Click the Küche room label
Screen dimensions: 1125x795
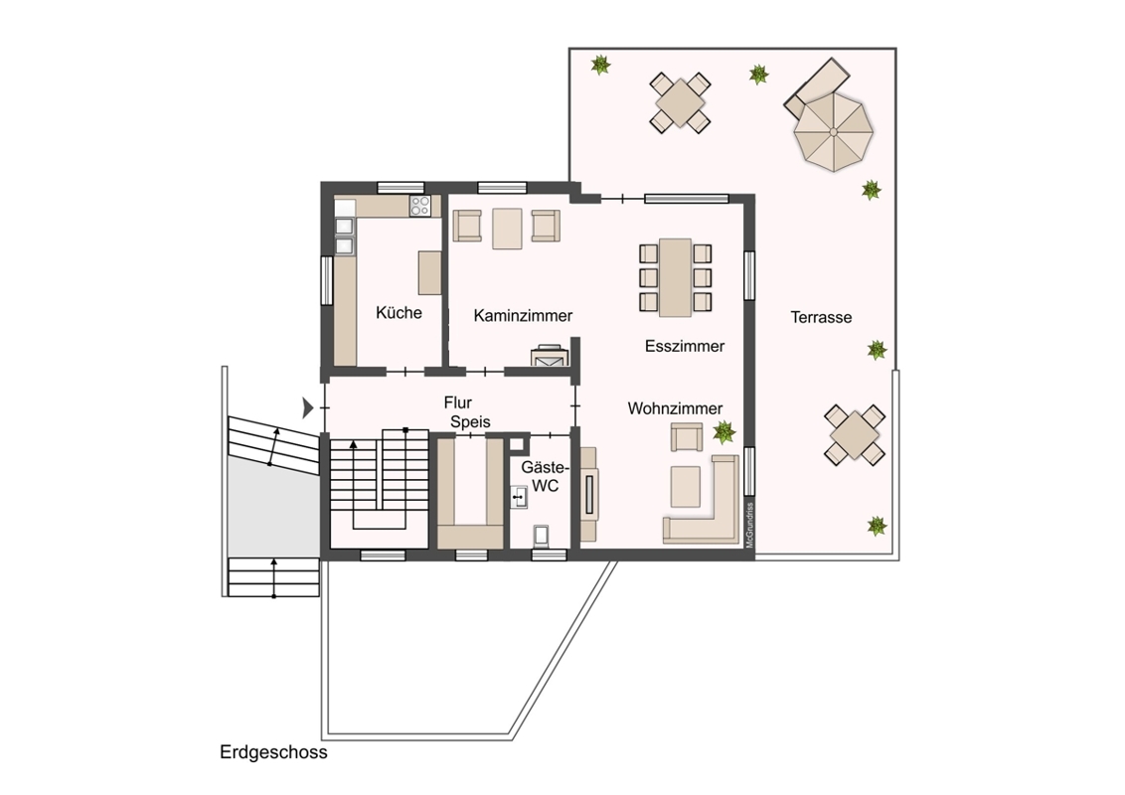pos(399,313)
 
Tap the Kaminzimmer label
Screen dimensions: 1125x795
pos(523,316)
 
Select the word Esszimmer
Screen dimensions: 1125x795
pos(685,346)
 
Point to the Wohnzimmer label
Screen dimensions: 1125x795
pos(675,408)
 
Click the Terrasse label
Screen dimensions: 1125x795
pos(822,317)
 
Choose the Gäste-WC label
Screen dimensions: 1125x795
pos(546,476)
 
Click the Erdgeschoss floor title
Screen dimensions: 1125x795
pos(273,752)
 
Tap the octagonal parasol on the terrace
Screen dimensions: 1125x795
pos(833,133)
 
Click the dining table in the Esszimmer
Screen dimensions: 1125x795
pos(675,277)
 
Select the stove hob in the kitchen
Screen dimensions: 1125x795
pos(419,206)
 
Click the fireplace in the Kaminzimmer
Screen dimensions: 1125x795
pos(550,356)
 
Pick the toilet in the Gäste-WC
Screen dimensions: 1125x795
pos(543,537)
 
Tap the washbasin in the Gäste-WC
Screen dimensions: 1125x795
pos(518,497)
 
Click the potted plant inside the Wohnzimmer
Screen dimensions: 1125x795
pos(723,432)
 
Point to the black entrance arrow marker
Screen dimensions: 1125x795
pos(308,407)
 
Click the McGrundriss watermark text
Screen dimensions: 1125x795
pos(749,526)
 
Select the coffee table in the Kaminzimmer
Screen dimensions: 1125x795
pos(507,229)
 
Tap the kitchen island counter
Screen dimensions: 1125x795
pos(429,272)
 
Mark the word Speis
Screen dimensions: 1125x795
pos(471,422)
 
